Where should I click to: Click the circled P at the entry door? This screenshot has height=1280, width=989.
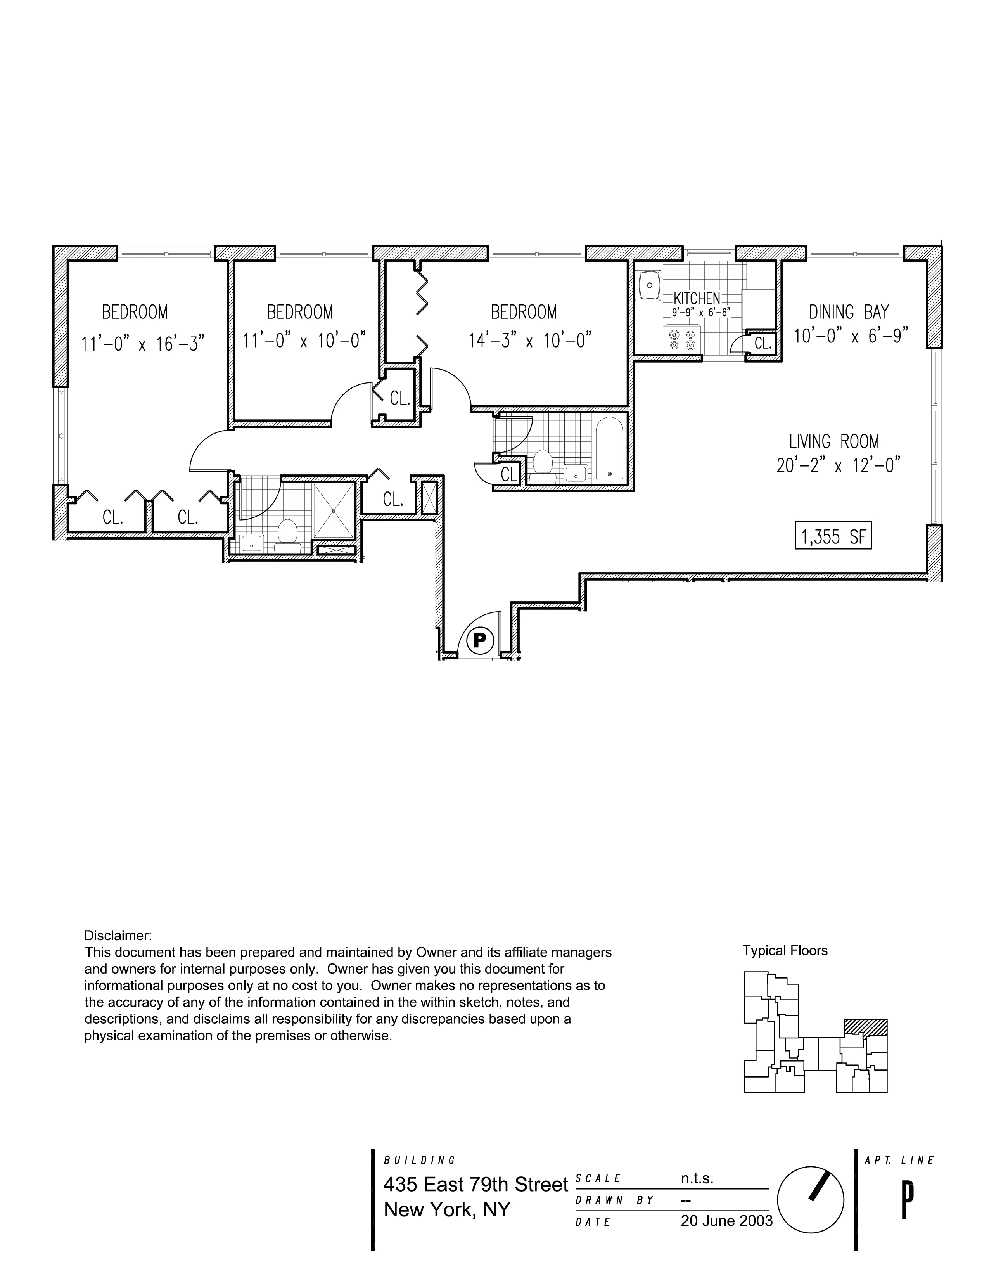[479, 639]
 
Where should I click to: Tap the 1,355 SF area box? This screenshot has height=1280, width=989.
[833, 536]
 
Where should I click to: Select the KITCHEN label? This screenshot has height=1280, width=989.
[696, 298]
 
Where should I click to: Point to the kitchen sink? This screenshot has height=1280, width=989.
[649, 286]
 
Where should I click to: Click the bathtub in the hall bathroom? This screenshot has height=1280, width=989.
[610, 448]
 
